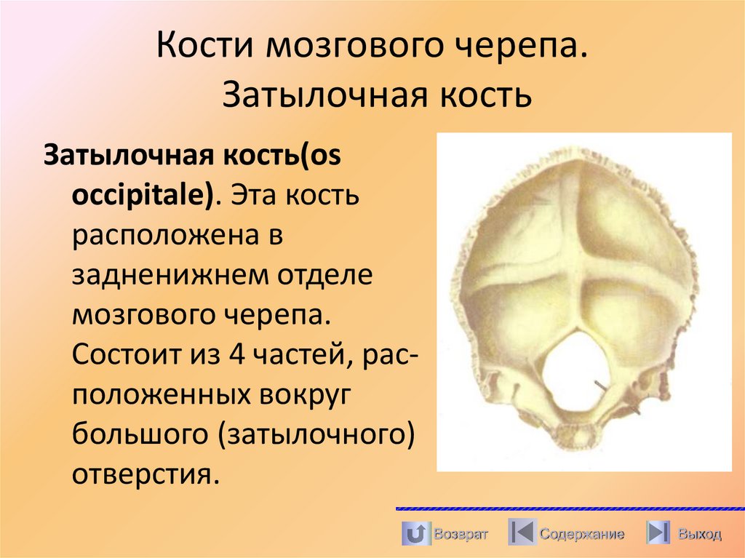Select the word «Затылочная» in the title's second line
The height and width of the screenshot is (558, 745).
tap(316, 96)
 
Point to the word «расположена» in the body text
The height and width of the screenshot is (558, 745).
tap(166, 236)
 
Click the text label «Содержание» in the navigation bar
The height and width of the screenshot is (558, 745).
tap(581, 535)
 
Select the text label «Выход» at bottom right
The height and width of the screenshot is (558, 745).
tap(699, 535)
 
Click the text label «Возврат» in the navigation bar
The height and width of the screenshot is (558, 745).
tap(461, 535)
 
